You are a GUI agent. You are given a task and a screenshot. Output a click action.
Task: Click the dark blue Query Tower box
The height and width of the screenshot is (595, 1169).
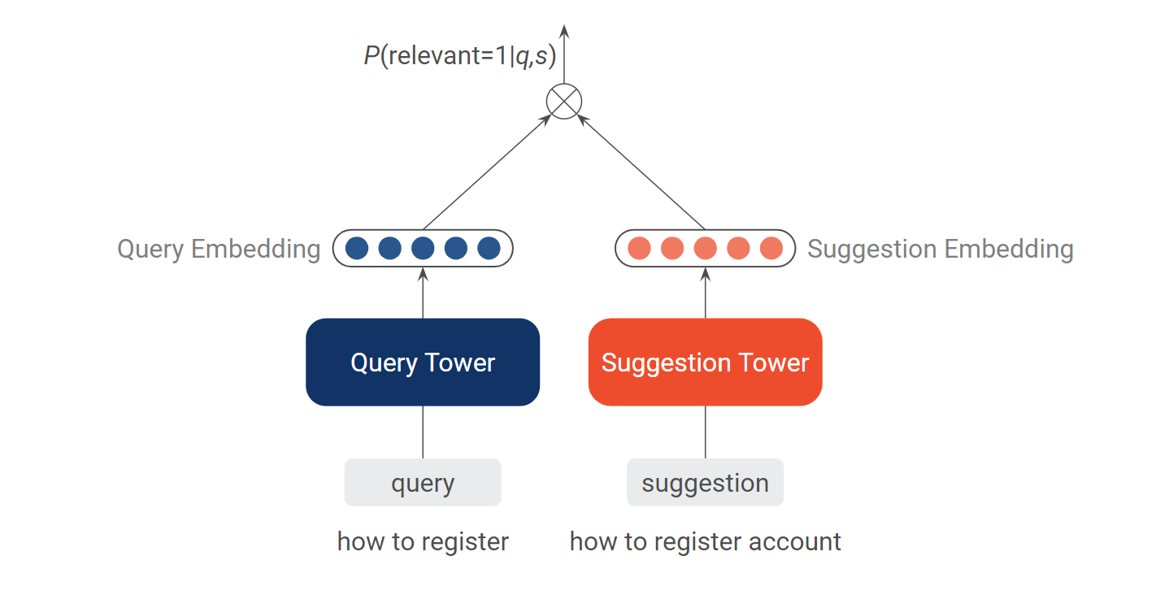pyautogui.click(x=423, y=363)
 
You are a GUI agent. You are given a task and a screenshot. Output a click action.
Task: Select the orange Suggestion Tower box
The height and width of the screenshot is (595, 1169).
pyautogui.click(x=705, y=363)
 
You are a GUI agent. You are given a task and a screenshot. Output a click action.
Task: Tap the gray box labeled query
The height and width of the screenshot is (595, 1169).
pyautogui.click(x=423, y=482)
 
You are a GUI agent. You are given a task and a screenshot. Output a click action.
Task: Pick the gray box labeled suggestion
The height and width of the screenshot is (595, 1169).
pyautogui.click(x=705, y=482)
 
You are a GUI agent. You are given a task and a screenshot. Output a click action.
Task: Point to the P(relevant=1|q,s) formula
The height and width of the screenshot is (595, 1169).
pyautogui.click(x=460, y=55)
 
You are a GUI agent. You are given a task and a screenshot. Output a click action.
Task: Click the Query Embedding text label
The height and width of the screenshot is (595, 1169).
pyautogui.click(x=219, y=249)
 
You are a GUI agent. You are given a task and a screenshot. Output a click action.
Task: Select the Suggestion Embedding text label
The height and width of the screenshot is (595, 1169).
pyautogui.click(x=941, y=249)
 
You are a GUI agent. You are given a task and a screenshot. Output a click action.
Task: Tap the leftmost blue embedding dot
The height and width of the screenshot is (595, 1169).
pyautogui.click(x=357, y=248)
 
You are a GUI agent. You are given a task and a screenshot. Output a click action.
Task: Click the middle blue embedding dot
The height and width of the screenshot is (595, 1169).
pyautogui.click(x=423, y=248)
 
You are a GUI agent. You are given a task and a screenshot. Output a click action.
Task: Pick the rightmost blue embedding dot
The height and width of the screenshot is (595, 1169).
pyautogui.click(x=489, y=248)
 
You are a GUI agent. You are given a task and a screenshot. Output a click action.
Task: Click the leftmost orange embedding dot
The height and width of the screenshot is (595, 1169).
pyautogui.click(x=639, y=248)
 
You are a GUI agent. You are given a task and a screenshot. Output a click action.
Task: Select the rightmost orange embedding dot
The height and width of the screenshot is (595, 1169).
pyautogui.click(x=771, y=248)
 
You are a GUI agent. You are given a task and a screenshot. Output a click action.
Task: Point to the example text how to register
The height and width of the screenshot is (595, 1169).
pyautogui.click(x=423, y=541)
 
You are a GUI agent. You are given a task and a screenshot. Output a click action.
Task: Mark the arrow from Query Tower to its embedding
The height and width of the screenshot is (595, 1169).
pyautogui.click(x=423, y=293)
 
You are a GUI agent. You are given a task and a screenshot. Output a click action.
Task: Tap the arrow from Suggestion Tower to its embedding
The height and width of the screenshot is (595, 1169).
pyautogui.click(x=705, y=293)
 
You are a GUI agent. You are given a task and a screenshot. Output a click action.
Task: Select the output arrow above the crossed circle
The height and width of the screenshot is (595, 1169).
pyautogui.click(x=564, y=54)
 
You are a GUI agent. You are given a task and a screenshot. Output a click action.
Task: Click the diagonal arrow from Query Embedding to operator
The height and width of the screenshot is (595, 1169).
pyautogui.click(x=488, y=172)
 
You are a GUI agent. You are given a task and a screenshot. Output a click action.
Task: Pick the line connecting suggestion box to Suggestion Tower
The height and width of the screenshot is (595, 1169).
pyautogui.click(x=705, y=432)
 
